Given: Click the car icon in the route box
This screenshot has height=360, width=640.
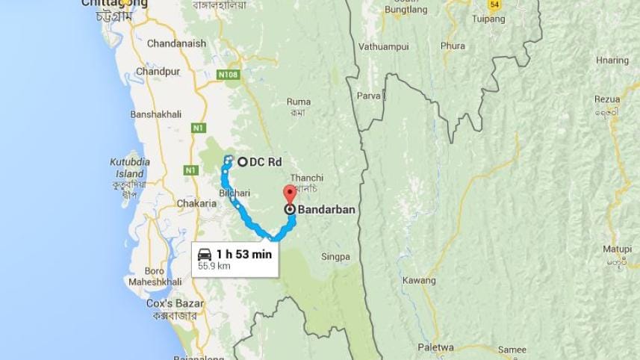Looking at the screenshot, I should click(x=205, y=254).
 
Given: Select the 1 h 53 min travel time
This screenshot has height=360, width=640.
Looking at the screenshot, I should click(x=243, y=254).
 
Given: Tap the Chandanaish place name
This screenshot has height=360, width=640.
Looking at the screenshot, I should click(x=176, y=43).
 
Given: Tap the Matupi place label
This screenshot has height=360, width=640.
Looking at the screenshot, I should click(x=617, y=249).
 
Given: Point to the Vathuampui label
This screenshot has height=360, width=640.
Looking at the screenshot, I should click(x=384, y=46).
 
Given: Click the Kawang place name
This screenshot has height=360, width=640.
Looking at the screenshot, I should click(x=419, y=280).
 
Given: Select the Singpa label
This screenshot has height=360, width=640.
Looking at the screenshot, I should click(x=335, y=257).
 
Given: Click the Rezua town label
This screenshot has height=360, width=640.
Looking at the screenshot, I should click(x=607, y=99).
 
